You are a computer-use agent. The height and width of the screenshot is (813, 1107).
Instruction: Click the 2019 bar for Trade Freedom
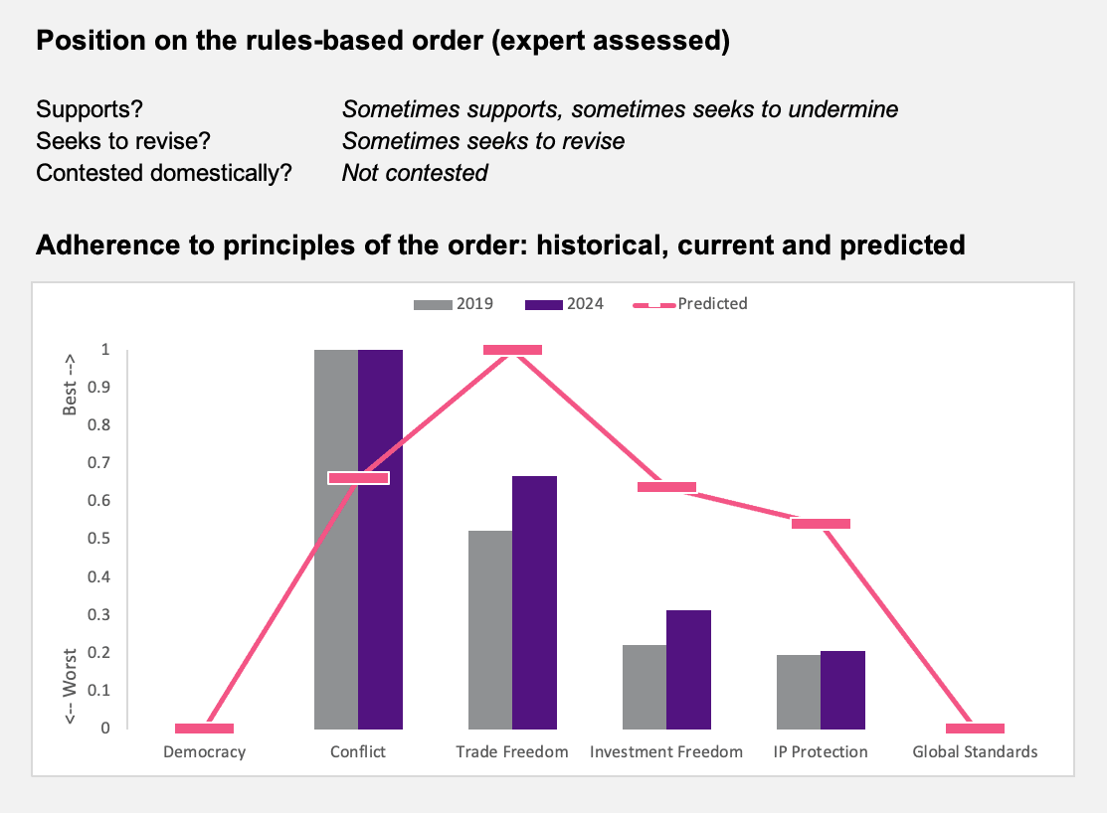pos(490,629)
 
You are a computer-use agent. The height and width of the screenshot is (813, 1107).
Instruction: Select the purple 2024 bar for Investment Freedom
pos(688,670)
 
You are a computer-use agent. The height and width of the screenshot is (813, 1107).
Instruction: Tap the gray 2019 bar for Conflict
pos(336,539)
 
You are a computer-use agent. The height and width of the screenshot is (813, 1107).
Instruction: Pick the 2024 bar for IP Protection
pos(843,690)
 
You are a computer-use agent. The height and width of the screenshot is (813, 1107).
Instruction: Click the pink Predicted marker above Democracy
pos(204,729)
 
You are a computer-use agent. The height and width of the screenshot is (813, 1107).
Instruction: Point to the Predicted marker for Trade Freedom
pos(512,349)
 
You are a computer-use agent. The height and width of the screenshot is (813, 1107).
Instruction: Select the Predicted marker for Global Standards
pos(975,729)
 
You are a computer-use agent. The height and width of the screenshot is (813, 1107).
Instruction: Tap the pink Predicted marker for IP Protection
pos(822,524)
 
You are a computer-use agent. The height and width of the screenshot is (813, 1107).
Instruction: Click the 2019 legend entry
pos(454,304)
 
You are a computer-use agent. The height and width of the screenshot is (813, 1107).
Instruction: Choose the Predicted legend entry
pos(689,304)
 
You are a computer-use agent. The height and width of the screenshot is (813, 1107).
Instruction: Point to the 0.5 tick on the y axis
pos(98,539)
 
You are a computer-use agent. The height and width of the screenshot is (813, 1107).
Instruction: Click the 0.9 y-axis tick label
pos(98,387)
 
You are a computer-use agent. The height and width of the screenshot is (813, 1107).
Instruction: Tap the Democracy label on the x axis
pos(204,751)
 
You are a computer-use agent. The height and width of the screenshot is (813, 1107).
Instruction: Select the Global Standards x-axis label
pos(975,751)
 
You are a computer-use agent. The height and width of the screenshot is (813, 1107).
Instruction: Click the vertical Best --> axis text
pos(70,385)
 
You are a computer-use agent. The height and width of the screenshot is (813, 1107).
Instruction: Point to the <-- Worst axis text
pos(70,686)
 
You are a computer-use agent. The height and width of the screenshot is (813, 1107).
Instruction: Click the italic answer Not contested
pos(415,173)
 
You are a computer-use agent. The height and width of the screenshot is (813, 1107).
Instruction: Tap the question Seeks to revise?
pos(123,141)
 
